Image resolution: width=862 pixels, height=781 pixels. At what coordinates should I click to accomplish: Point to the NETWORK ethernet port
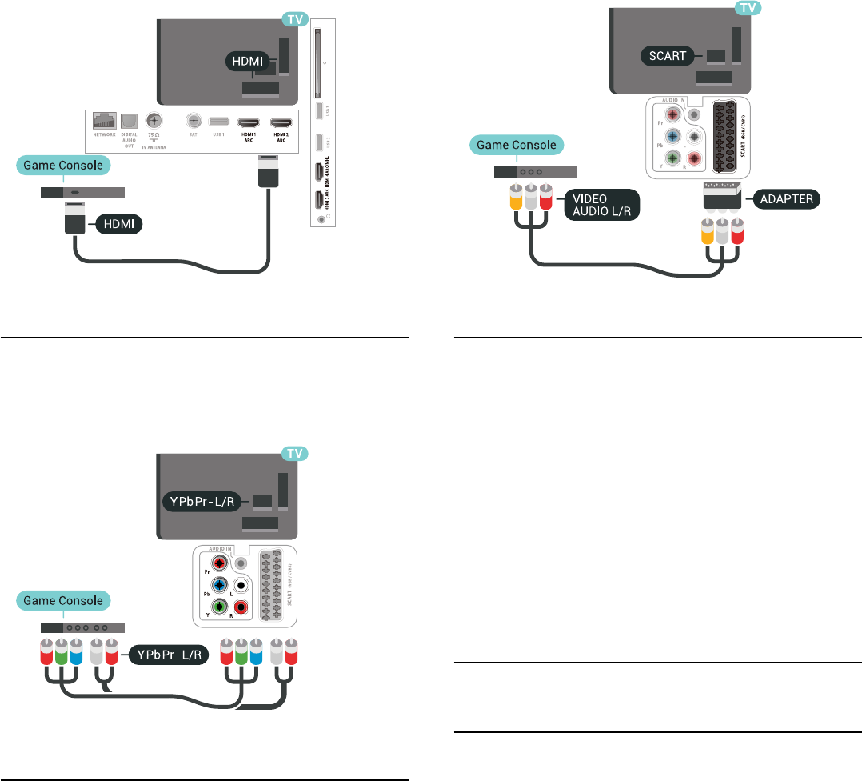tap(104, 122)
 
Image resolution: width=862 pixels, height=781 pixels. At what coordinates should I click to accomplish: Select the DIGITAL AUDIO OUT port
tap(130, 121)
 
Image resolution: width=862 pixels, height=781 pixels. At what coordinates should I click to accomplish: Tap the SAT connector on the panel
tap(193, 121)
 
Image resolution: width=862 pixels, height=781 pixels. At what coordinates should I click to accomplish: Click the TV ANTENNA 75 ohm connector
tap(154, 121)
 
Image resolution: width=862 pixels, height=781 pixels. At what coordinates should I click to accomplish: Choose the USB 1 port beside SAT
tap(218, 122)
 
